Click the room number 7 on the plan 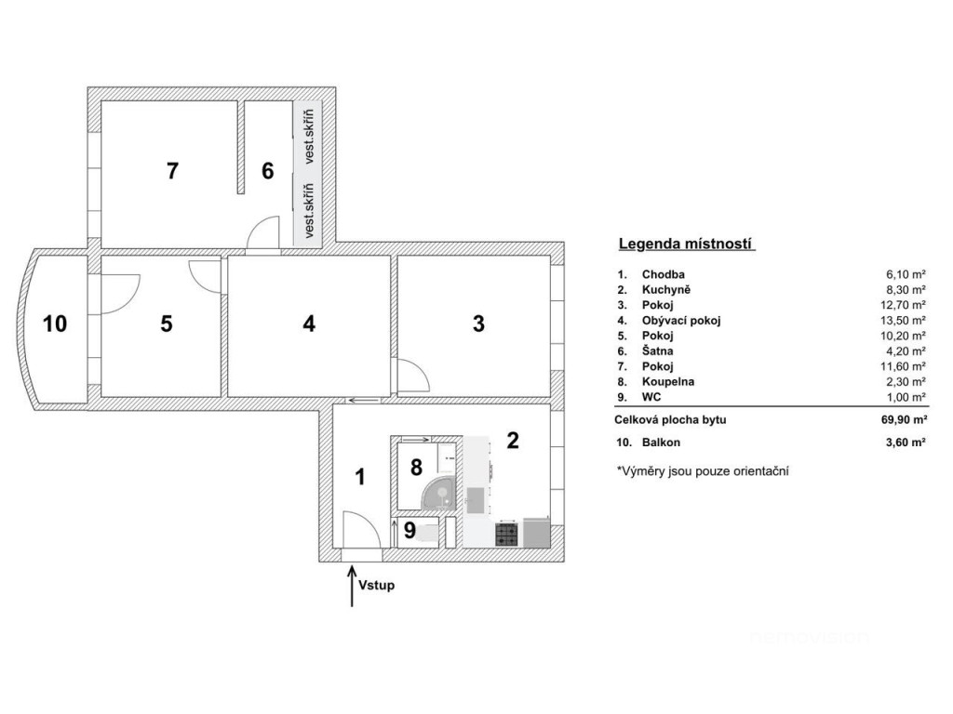pyautogui.click(x=172, y=171)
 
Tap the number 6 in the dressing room pyautogui.click(x=268, y=171)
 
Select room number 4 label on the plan pyautogui.click(x=309, y=324)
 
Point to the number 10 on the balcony pyautogui.click(x=55, y=324)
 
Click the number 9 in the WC pyautogui.click(x=409, y=531)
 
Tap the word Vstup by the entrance pyautogui.click(x=376, y=586)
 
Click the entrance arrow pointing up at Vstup pyautogui.click(x=352, y=587)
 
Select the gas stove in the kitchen pyautogui.click(x=507, y=535)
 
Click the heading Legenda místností pyautogui.click(x=687, y=245)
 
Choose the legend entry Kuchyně pyautogui.click(x=666, y=290)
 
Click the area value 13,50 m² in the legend pyautogui.click(x=906, y=321)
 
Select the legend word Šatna pyautogui.click(x=658, y=350)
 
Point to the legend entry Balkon pyautogui.click(x=662, y=443)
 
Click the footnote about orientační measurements pyautogui.click(x=703, y=471)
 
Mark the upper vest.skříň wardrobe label pyautogui.click(x=309, y=137)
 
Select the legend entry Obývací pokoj pyautogui.click(x=681, y=321)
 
